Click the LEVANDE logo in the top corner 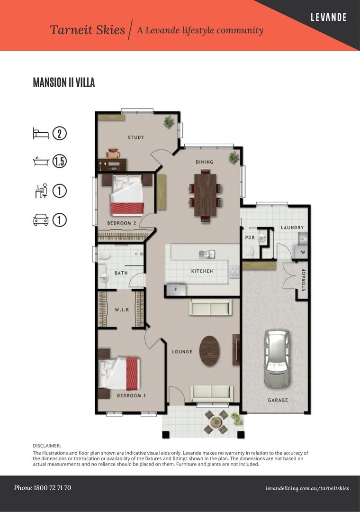click(328, 18)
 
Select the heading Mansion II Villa click(64, 82)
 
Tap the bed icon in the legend click(41, 133)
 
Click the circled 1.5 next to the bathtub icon click(59, 162)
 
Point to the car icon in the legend click(41, 220)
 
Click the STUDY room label click(136, 137)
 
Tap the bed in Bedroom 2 click(127, 195)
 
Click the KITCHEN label click(202, 271)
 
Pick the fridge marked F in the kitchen click(176, 290)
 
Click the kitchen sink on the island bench click(207, 254)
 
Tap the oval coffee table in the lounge click(210, 351)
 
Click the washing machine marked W click(303, 252)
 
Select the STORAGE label click(304, 280)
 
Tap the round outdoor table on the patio click(216, 421)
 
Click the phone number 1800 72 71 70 click(43, 488)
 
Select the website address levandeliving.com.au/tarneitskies click(307, 488)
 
